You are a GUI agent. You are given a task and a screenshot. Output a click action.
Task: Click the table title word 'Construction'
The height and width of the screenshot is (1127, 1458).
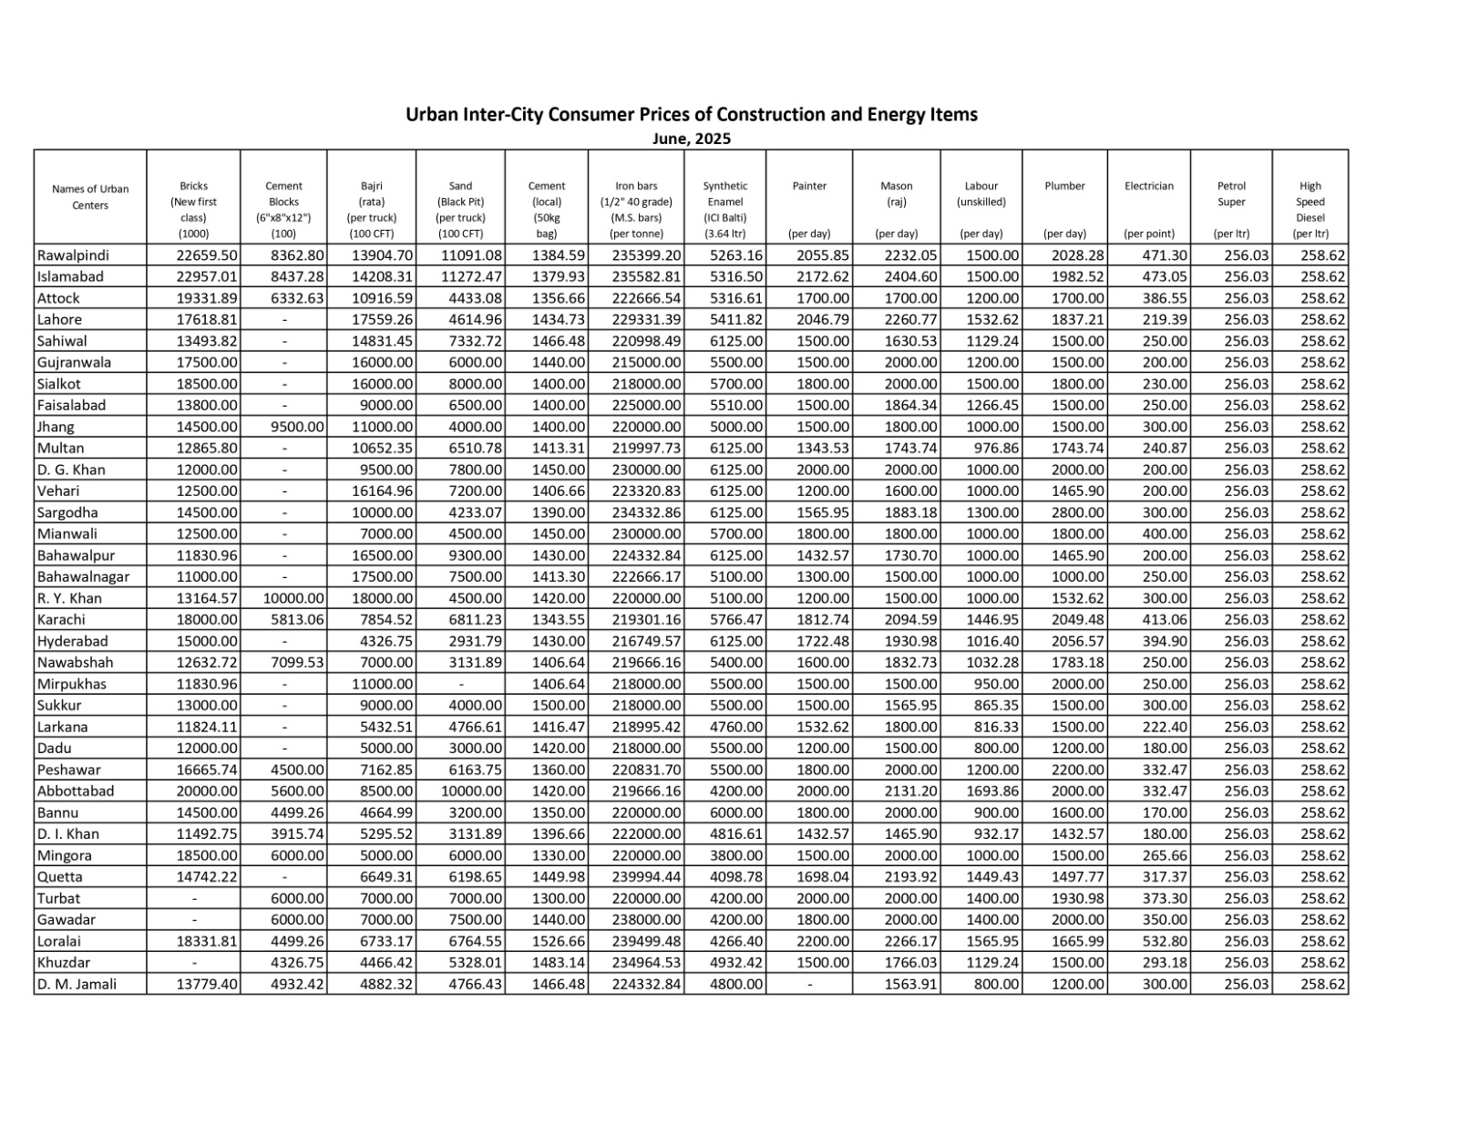[772, 115]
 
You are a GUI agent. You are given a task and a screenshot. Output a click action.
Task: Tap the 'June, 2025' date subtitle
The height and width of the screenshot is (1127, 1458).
[692, 139]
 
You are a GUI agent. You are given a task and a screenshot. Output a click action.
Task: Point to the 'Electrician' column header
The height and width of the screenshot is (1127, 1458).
[1149, 186]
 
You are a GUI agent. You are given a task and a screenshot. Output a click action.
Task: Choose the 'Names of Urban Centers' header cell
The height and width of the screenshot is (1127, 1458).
[90, 197]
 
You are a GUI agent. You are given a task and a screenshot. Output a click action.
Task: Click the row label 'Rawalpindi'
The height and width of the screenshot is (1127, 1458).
[73, 255]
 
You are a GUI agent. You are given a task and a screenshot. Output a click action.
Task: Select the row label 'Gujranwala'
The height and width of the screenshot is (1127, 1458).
[74, 362]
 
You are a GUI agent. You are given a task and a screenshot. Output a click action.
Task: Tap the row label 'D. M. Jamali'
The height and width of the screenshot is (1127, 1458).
[77, 984]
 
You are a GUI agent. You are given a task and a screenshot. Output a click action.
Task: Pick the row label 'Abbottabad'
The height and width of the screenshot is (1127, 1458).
[76, 791]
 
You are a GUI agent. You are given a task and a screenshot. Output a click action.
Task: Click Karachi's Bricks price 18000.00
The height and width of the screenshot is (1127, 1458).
[207, 620]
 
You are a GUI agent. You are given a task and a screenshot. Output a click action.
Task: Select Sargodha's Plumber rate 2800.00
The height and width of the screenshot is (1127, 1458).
[1076, 512]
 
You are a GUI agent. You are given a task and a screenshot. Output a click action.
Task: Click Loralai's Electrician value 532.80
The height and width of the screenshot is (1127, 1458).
[1165, 941]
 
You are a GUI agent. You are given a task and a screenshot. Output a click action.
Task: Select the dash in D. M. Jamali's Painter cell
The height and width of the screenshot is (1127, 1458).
[809, 985]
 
